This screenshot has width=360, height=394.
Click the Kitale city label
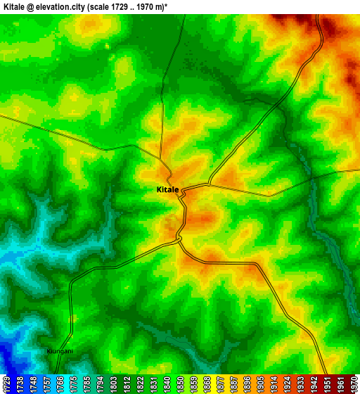click(x=167, y=190)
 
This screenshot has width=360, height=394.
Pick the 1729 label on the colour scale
click(x=6, y=383)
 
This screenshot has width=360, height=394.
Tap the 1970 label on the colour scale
click(x=354, y=383)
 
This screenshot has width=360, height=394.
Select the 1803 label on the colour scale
click(x=113, y=383)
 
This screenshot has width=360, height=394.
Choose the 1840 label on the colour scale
click(x=167, y=383)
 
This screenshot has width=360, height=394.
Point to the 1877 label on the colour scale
click(x=220, y=383)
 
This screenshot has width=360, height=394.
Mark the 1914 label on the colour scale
click(x=274, y=383)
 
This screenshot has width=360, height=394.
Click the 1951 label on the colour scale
click(x=327, y=383)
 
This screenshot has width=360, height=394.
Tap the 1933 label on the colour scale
click(x=300, y=383)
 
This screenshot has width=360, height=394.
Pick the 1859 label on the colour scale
click(x=193, y=383)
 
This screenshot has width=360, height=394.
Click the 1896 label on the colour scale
click(x=247, y=383)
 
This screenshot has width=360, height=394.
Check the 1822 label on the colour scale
click(x=140, y=383)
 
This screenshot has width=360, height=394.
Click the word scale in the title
click(x=117, y=6)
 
